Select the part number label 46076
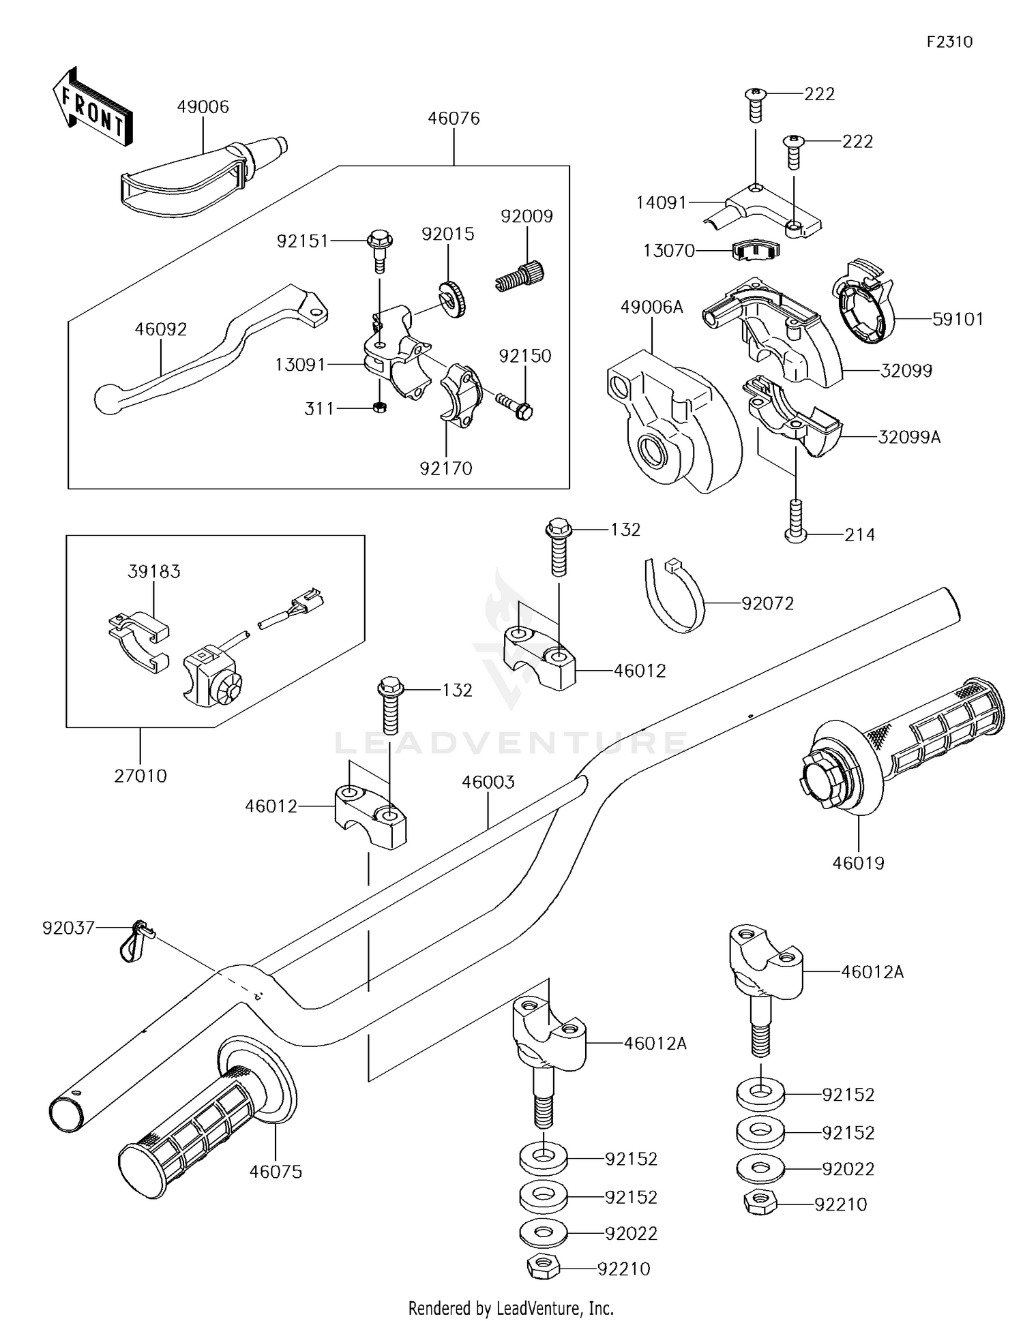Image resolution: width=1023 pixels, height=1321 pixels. click(454, 119)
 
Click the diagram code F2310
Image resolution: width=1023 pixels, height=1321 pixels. click(949, 42)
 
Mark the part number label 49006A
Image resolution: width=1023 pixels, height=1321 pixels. click(651, 307)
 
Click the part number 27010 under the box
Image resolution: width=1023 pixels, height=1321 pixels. click(140, 776)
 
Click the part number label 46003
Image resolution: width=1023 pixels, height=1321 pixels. click(488, 782)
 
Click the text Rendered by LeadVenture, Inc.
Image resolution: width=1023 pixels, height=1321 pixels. click(511, 1308)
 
